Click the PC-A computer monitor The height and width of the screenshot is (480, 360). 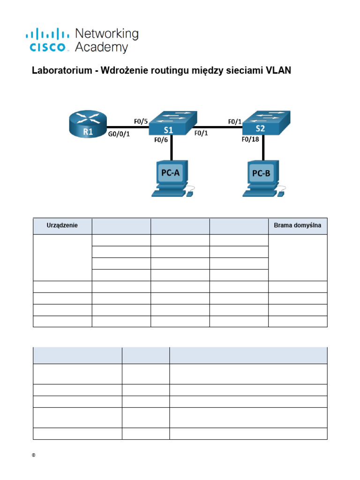171,173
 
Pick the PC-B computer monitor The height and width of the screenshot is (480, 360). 261,173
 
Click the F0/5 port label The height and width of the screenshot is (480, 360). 141,121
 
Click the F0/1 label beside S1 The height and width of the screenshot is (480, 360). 202,134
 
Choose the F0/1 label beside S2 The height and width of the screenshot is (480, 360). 235,121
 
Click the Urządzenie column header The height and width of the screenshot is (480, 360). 62,226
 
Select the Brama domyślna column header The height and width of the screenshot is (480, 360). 298,226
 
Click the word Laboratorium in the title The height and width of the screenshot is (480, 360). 59,71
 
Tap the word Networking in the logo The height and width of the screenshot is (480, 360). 107,34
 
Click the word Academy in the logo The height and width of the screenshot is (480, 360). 101,47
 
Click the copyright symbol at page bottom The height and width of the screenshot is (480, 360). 34,455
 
